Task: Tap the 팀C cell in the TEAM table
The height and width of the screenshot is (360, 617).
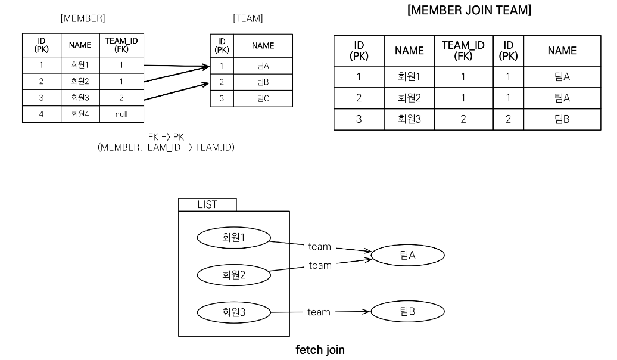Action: (263, 99)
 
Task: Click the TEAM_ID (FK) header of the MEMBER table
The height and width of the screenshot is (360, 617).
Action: (122, 45)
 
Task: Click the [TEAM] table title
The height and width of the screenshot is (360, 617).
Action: (248, 18)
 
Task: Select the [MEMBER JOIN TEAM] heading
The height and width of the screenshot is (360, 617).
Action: (469, 11)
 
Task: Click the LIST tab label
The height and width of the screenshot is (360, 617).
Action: (207, 204)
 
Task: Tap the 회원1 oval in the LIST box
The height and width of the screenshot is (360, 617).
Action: (234, 237)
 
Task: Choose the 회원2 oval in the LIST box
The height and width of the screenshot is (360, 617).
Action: (234, 274)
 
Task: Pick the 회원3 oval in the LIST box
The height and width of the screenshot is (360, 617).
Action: (234, 311)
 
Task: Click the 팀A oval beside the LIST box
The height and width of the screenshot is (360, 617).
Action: (408, 255)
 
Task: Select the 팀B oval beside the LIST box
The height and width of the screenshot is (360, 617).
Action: (408, 311)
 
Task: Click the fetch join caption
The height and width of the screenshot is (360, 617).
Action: (320, 350)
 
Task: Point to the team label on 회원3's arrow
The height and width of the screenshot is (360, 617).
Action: (319, 312)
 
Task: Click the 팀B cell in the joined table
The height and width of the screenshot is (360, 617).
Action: (562, 119)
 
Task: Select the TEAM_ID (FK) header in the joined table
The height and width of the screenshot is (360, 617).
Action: (463, 51)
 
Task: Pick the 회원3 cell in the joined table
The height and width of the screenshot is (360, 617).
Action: (409, 119)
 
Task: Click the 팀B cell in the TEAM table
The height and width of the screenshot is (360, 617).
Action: (263, 82)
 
